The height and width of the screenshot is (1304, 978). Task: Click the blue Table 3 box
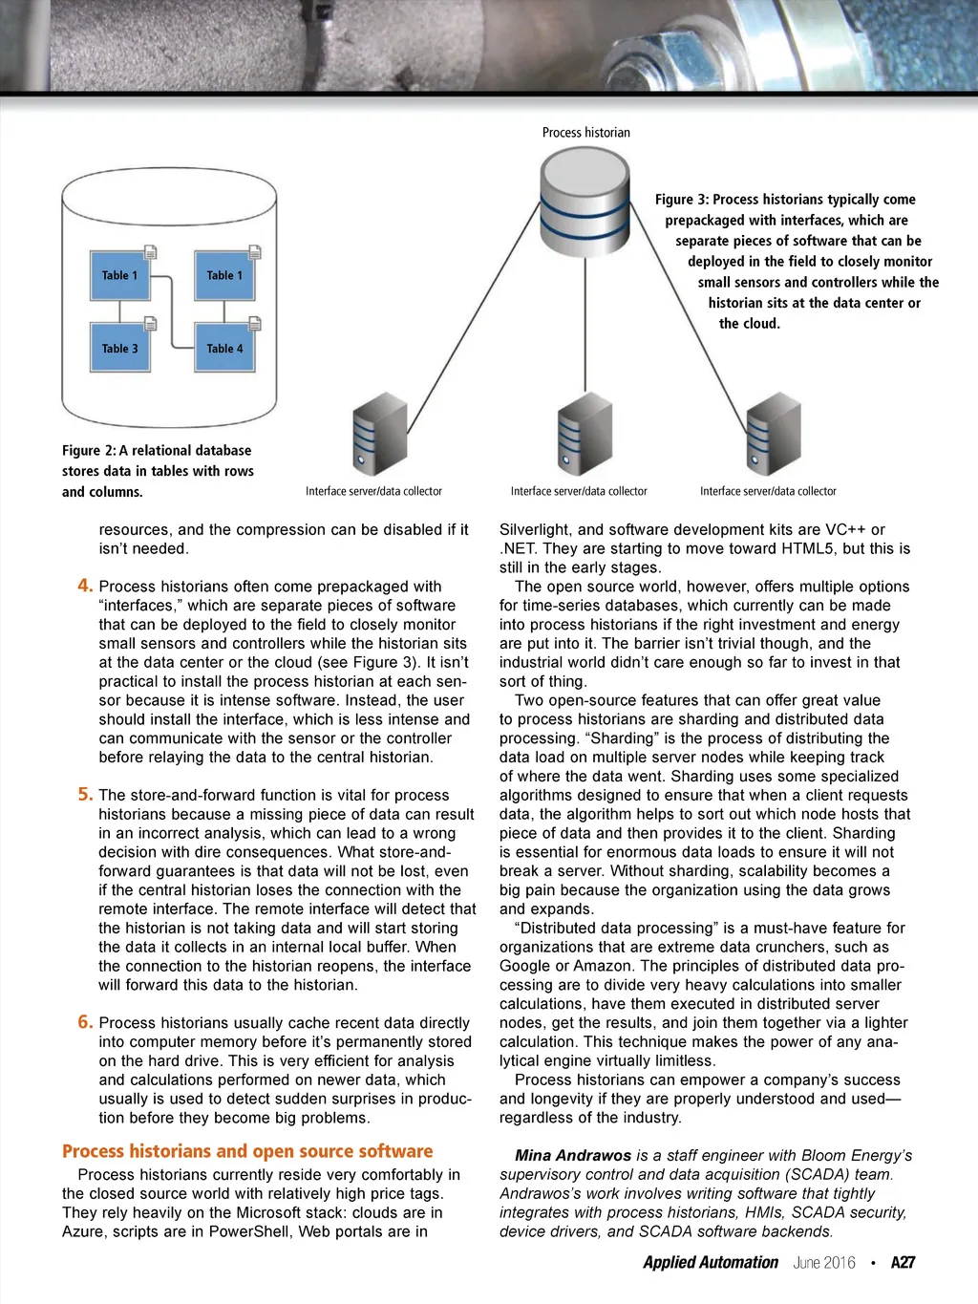coord(120,348)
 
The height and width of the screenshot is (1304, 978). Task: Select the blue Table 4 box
coord(224,348)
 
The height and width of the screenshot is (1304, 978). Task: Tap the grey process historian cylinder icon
coord(585,202)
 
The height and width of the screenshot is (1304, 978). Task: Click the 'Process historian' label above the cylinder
coord(585,133)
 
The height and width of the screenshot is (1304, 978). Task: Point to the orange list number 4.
coord(86,586)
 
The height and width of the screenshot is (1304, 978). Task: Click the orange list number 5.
coord(86,794)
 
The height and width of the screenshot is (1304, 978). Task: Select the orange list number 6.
coord(86,1022)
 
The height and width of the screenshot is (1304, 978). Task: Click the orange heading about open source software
coord(247,1151)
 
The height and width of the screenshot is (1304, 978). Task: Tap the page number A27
coord(903,1262)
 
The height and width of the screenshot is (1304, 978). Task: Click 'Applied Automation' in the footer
coord(711,1262)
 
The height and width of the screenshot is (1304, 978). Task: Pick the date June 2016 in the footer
coord(824,1262)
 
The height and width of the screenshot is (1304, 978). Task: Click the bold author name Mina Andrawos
coord(572,1155)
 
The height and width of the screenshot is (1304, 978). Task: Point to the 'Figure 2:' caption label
coord(89,450)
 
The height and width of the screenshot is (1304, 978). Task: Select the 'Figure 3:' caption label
coord(682,200)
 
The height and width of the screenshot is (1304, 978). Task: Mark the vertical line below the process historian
coord(585,325)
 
